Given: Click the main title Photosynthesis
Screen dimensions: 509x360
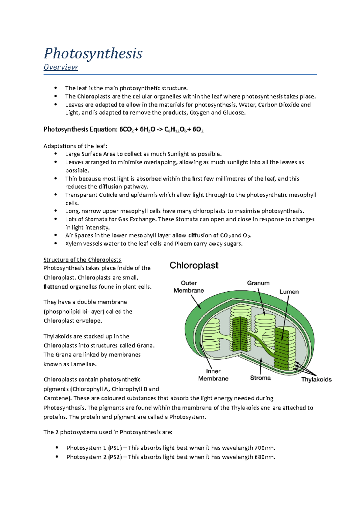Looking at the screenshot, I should click(x=93, y=54).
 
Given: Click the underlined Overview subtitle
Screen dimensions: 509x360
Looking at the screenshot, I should click(x=61, y=67).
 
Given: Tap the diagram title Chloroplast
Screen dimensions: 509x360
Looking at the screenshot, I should click(x=194, y=265).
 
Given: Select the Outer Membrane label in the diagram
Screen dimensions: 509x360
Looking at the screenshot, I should click(x=189, y=287).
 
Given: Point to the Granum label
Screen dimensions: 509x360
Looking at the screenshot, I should click(x=258, y=283).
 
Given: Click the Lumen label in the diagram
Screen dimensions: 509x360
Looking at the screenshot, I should click(x=289, y=292).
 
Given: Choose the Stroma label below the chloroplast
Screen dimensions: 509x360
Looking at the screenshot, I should click(x=260, y=378).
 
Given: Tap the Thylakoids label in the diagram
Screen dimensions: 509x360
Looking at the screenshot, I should click(x=316, y=380).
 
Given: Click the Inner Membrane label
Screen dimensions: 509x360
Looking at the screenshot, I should click(x=213, y=375).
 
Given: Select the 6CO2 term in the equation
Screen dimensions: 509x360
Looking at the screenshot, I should click(x=126, y=129).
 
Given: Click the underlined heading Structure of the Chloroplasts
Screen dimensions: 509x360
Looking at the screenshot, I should click(x=82, y=260).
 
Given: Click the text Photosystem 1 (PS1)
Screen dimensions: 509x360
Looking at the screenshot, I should click(x=94, y=448).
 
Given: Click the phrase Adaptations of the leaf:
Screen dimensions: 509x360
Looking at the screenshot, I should click(x=75, y=146).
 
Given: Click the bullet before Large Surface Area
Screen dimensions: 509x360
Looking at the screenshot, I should click(x=55, y=154).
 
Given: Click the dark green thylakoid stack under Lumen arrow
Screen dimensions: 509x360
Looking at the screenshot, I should click(x=282, y=348).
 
